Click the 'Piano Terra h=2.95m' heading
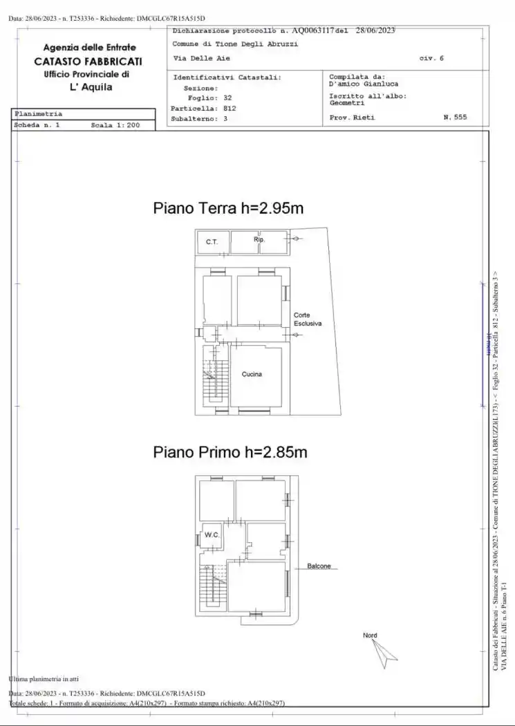[229, 207]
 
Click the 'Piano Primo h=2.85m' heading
[230, 452]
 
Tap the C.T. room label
[212, 242]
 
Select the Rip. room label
[259, 239]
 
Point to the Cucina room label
[252, 374]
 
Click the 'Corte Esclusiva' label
[307, 319]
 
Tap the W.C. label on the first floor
[211, 535]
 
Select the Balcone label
[319, 566]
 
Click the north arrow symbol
[384, 653]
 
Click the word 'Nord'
[370, 635]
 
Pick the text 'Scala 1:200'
[115, 126]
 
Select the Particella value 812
[230, 109]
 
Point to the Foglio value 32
[227, 98]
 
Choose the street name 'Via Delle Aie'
[201, 58]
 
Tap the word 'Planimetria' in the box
[38, 113]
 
